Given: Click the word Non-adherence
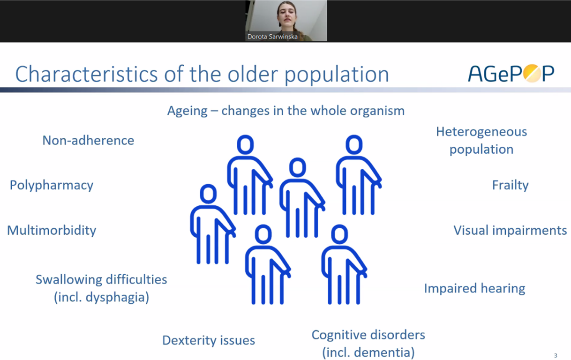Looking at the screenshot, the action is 88,140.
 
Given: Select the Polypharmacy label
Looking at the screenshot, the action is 52,185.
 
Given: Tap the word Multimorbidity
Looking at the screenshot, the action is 52,230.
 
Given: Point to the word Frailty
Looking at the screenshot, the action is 510,185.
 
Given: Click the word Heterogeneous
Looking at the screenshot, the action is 481,132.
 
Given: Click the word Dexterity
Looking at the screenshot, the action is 189,340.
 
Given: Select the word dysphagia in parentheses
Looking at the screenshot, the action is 117,297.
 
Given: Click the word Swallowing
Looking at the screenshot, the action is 69,280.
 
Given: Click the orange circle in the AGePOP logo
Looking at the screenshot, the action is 532,74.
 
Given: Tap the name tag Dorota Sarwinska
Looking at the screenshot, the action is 272,37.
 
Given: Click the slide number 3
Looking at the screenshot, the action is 556,355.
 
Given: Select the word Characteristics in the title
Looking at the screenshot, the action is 87,74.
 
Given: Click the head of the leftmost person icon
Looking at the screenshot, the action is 208,194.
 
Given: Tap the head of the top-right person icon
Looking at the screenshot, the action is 354,145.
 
